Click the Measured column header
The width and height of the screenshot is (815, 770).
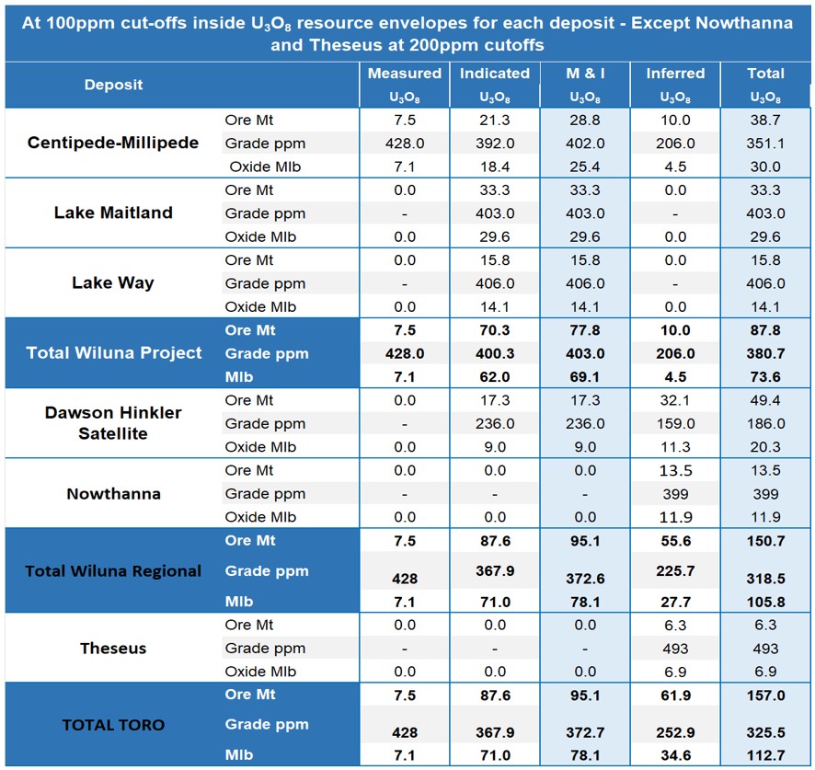coord(405,74)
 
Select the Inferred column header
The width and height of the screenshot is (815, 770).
coord(676,74)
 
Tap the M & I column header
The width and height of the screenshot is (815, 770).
coord(585,74)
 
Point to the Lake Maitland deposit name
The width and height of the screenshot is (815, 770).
coord(113,213)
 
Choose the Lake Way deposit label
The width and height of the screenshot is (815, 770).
coord(113,282)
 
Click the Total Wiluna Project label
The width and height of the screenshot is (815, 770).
coord(114,352)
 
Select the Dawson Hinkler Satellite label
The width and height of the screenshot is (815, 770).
coord(113,422)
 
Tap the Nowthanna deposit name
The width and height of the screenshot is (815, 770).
coord(113,493)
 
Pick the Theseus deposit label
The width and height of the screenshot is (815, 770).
coord(113,649)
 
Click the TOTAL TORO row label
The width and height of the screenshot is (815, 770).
coord(113,725)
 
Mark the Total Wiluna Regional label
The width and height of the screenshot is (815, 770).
coord(113,570)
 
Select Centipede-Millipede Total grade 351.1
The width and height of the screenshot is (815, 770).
coord(765,144)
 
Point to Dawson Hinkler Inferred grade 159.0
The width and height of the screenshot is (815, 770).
coord(676,424)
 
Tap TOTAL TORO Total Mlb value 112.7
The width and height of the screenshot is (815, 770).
coord(765,755)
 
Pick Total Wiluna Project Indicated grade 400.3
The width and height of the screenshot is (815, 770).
coord(495,353)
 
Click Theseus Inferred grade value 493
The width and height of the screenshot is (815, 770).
coord(676,649)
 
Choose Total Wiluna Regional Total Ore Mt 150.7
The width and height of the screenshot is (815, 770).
coord(765,541)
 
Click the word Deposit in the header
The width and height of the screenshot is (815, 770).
coord(113,85)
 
